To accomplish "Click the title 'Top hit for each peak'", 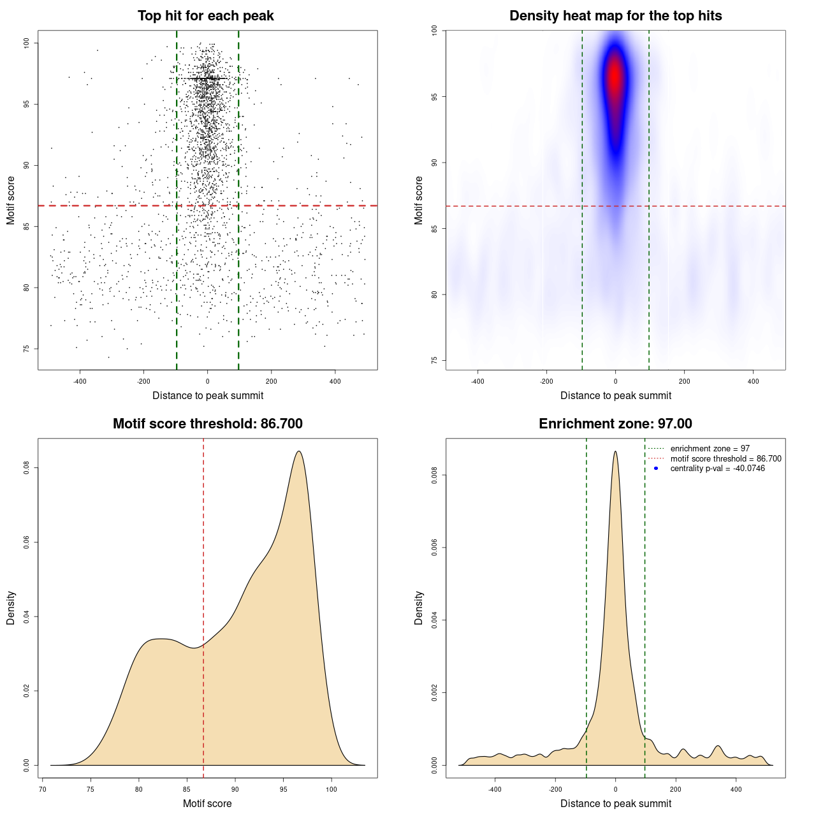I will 205,16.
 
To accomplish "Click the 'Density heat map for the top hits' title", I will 615,16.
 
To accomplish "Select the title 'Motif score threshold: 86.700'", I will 207,424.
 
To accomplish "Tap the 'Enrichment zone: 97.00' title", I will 615,424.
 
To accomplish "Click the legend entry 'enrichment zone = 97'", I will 710,449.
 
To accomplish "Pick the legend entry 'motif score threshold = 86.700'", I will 725,459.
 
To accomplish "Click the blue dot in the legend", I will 656,469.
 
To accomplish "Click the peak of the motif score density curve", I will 298,451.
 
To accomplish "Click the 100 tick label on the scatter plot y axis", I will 27,43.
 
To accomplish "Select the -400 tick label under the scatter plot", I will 80,381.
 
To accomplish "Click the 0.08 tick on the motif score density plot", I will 27,468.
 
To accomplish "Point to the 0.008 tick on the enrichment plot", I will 435,475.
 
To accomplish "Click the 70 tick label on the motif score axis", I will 43,789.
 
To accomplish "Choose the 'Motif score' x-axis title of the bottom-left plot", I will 207,803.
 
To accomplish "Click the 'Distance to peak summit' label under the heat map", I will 615,395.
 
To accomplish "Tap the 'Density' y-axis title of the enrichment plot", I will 419,608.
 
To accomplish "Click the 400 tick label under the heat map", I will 753,381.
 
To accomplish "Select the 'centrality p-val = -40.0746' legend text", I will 717,469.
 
